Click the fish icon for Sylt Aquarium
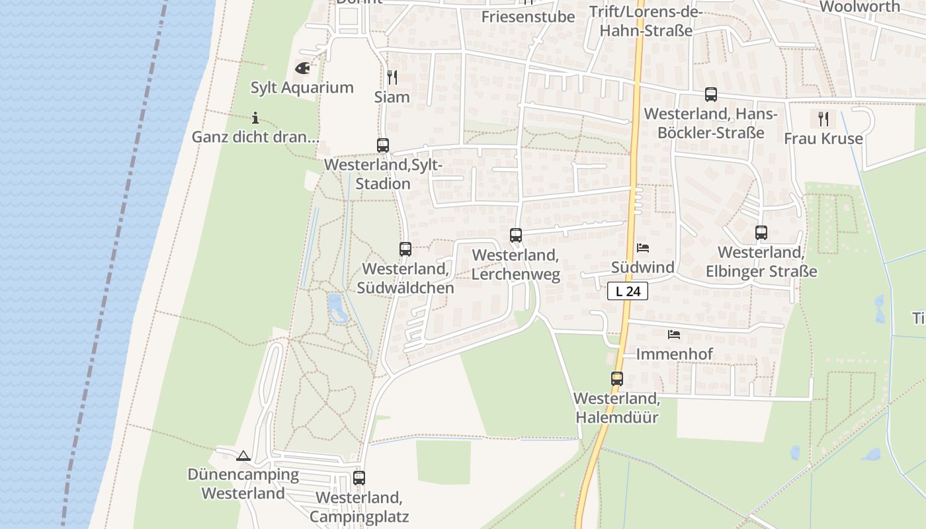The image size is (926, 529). [302, 67]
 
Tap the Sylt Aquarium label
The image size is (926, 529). [302, 87]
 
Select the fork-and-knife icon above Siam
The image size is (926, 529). [392, 77]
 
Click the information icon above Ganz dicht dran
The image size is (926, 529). [255, 118]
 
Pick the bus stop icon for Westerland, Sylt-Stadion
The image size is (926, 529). [383, 145]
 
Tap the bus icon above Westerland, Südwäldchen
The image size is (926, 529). [405, 249]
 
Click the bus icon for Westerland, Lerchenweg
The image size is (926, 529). [516, 235]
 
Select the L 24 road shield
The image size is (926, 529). [627, 291]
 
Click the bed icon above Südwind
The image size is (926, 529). [643, 248]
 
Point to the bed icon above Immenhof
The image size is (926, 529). [674, 334]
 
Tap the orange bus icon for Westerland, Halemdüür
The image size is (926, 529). [617, 379]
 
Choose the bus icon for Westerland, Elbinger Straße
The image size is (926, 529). [761, 233]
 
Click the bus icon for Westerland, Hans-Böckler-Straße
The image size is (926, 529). [711, 95]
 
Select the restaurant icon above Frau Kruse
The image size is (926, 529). [823, 119]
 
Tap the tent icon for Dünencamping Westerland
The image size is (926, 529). [243, 456]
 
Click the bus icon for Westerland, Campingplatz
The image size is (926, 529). [359, 477]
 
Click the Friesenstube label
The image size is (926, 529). [528, 17]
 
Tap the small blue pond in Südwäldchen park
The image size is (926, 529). [337, 307]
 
